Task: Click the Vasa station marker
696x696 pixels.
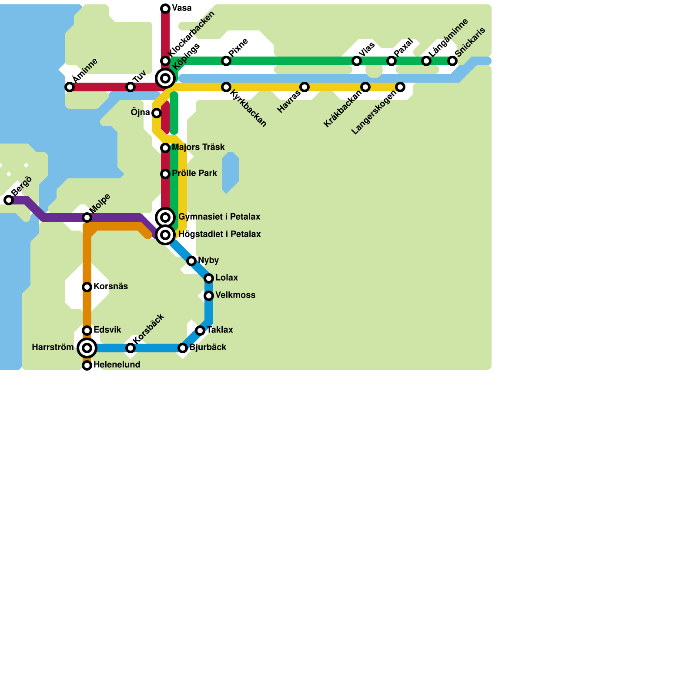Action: click(165, 9)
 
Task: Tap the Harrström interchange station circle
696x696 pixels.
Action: click(87, 348)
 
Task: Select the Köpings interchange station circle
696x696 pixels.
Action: click(165, 78)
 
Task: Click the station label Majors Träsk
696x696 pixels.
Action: click(198, 147)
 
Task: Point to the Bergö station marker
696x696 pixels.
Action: click(9, 200)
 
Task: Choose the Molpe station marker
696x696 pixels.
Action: click(87, 217)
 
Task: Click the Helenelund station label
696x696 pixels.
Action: click(117, 365)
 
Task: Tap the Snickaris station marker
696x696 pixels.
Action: click(452, 61)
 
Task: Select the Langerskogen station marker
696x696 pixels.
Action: click(400, 87)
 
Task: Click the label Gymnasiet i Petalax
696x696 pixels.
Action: click(219, 217)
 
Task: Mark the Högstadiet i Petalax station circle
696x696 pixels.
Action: click(165, 235)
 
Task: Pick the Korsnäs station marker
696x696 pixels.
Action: click(87, 287)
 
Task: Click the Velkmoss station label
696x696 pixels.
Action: click(235, 295)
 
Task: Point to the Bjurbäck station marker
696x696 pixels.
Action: click(183, 348)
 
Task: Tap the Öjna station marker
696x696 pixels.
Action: click(157, 113)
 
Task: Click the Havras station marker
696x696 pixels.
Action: click(304, 87)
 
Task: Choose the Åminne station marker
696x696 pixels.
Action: click(70, 87)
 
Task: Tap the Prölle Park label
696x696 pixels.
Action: click(194, 174)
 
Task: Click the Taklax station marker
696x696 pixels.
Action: click(200, 331)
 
